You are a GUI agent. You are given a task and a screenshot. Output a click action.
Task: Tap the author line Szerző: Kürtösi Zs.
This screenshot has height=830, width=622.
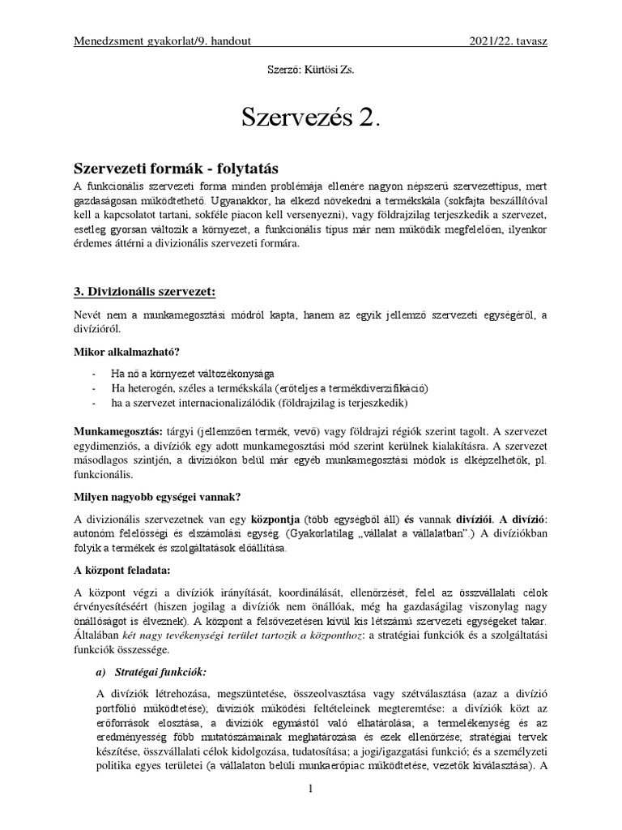point(310,71)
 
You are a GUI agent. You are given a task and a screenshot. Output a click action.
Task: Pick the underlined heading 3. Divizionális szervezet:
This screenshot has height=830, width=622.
point(146,291)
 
